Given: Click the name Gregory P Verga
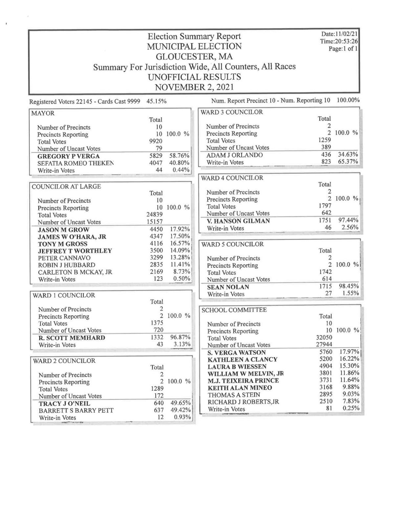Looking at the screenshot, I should click(x=68, y=156).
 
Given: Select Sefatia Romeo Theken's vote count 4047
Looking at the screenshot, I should click(x=156, y=163).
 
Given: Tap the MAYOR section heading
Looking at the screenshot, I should click(x=43, y=113).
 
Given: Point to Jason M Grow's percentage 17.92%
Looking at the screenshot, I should click(x=180, y=229).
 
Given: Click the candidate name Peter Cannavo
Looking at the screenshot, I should click(x=62, y=258).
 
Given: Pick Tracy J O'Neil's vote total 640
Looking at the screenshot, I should click(x=159, y=403).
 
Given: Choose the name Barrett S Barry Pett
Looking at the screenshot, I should click(x=76, y=410).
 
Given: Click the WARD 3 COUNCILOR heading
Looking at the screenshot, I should click(x=232, y=112).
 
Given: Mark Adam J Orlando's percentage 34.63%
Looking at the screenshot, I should click(x=348, y=155).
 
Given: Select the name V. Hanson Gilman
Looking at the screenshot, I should click(x=238, y=221).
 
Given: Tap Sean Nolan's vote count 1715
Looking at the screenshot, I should click(x=325, y=286).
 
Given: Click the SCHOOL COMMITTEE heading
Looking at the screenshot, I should click(x=234, y=310).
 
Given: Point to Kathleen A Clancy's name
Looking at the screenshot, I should click(x=242, y=359).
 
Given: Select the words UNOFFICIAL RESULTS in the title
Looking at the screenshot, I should click(x=194, y=77).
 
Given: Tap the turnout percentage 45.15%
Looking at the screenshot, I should click(x=157, y=101).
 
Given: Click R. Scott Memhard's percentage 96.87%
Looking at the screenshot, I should click(x=180, y=337).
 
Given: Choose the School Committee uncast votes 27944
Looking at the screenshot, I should click(x=325, y=344).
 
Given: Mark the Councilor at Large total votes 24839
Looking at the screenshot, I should click(x=155, y=215).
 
